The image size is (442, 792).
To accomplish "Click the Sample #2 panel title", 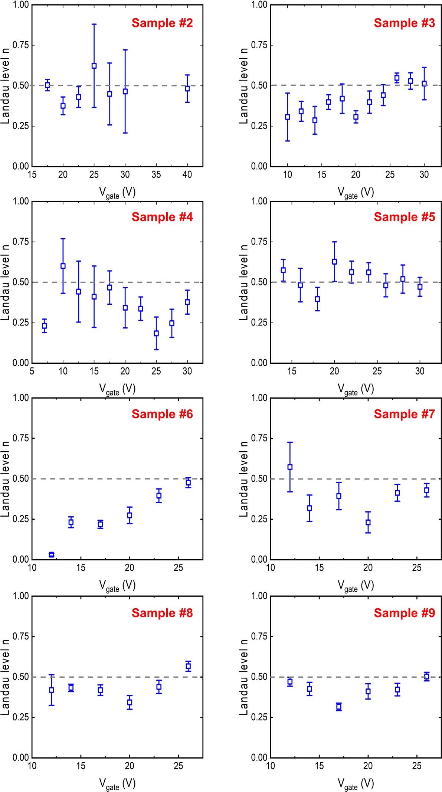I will point(162,23).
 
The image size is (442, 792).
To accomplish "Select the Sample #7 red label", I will point(404,414).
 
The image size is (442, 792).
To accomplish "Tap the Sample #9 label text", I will point(404,613).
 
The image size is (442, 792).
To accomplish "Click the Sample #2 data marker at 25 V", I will point(94,66).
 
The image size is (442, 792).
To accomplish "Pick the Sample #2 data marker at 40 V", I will point(187,89).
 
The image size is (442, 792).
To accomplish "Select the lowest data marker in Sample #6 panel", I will point(52,554).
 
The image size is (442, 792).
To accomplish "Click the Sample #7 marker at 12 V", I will point(290,467).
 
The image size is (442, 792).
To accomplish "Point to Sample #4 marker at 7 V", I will point(45,326).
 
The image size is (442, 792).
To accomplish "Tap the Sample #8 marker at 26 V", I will point(188,666).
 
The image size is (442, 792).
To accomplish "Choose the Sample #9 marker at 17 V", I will point(338,707).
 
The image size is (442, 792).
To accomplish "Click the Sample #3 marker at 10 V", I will point(287,117).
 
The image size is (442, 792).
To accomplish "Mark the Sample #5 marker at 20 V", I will point(334,262).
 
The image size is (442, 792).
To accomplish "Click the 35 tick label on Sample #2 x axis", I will point(156,175).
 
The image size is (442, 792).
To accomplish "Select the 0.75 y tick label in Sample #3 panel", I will point(259,45).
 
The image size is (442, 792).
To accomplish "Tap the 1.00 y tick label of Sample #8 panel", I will point(21,596).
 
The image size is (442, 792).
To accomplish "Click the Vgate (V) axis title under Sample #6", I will point(117,586).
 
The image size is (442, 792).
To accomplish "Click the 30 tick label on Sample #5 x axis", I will point(420,372).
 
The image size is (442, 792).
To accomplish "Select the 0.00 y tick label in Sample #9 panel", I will point(259,757).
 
